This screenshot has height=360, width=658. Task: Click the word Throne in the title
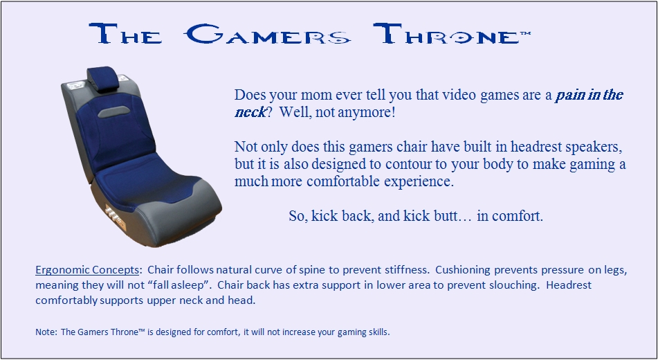(446, 34)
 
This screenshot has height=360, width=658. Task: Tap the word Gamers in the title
(268, 34)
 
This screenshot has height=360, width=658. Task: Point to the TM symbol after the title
(525, 34)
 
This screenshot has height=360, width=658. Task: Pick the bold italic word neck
(250, 111)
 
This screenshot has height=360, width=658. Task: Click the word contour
(409, 164)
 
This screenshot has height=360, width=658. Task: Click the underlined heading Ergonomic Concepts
(87, 270)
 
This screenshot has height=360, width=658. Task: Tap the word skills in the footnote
(380, 332)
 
